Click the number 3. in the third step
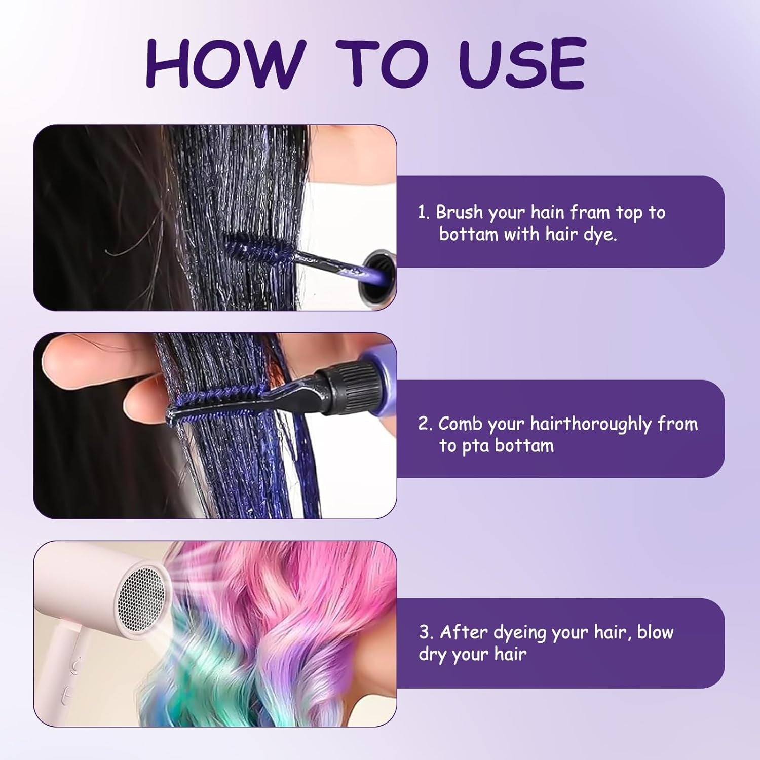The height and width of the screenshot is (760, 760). click(426, 632)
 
